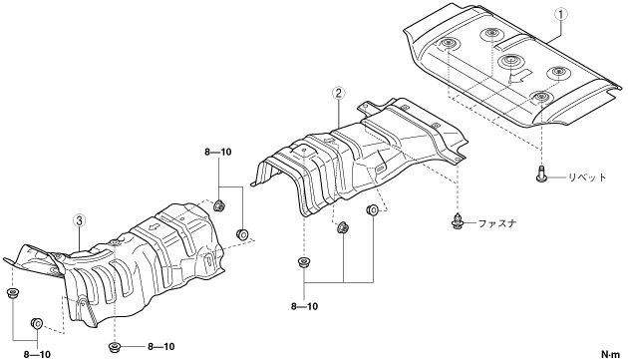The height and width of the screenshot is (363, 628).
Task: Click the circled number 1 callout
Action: click(560, 14)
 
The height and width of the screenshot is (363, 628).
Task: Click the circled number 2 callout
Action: click(339, 94)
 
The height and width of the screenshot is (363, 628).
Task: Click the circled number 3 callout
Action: click(80, 219)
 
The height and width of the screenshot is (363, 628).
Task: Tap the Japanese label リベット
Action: click(587, 178)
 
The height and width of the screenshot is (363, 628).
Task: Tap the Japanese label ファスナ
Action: click(497, 222)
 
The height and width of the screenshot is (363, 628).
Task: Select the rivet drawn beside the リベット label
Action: click(541, 174)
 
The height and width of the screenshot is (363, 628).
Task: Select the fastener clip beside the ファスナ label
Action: click(458, 221)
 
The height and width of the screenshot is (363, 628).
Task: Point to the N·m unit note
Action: click(610, 354)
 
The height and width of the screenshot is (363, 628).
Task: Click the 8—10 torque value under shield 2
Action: click(304, 306)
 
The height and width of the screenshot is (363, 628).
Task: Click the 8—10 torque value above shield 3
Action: click(218, 152)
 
